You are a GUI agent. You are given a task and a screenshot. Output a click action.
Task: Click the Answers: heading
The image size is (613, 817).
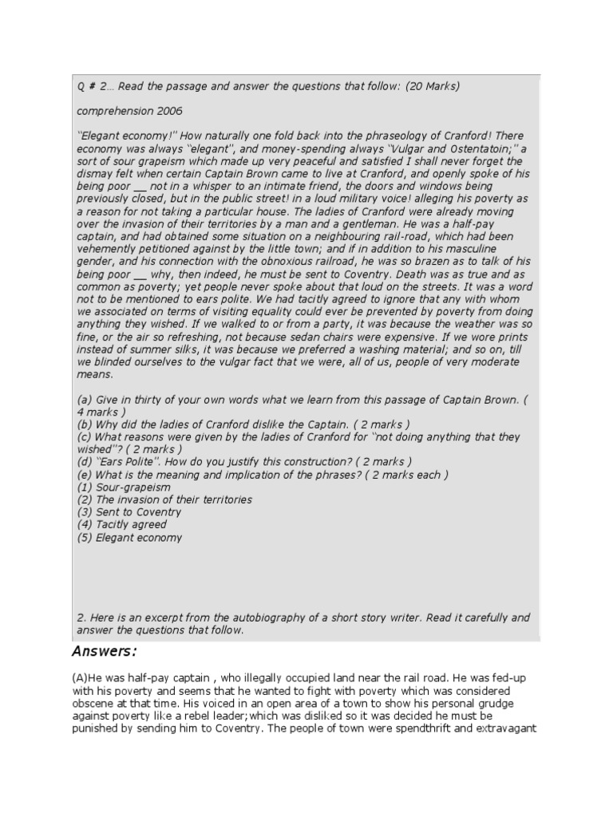click(104, 653)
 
